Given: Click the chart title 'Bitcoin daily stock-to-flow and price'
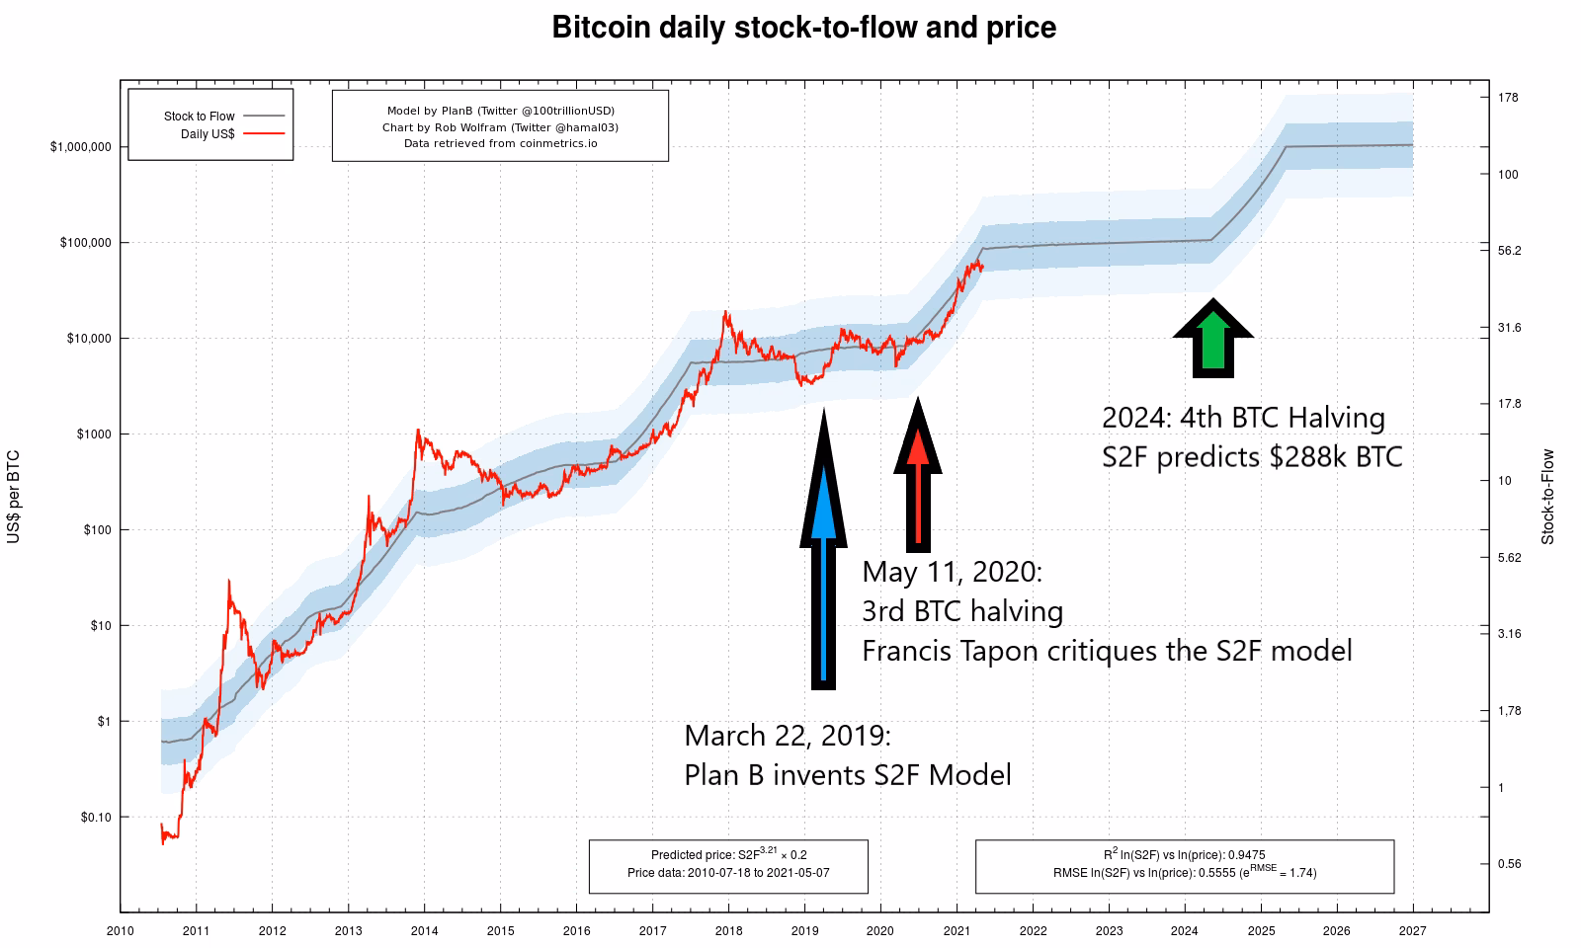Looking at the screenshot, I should coord(803,28).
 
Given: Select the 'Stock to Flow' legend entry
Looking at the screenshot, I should coord(200,117).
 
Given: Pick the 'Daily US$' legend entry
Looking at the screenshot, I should coord(208,133).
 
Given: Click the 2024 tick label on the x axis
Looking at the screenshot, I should coord(1184,930).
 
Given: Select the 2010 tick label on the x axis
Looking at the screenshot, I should coord(121,930).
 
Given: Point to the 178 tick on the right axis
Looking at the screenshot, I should coord(1508,98).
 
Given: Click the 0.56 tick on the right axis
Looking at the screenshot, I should coord(1509,864).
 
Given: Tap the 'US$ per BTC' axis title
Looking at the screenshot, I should coord(14,497).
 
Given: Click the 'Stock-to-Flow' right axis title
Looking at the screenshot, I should coord(1547,497).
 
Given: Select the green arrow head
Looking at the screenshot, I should coord(1213,322).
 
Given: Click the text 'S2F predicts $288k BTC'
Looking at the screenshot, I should coord(1252,457).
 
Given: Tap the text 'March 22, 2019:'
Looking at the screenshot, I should coord(788,736).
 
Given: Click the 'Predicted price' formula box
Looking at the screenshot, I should coord(728,866).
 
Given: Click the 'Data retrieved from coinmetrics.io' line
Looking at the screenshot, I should coord(500,143).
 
